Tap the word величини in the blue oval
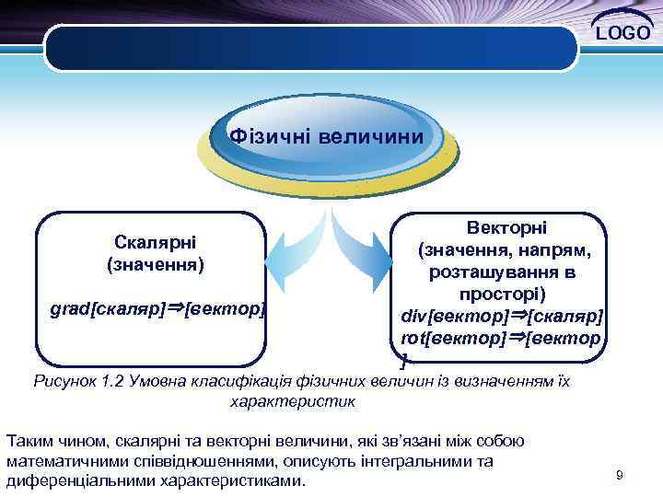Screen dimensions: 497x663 [x=372, y=136]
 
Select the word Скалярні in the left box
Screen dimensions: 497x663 [x=156, y=242]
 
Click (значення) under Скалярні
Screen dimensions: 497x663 [x=156, y=264]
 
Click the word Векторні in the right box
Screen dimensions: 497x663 [x=506, y=226]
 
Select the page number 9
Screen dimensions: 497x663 [x=619, y=475]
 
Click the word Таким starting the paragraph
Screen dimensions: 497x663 [x=28, y=440]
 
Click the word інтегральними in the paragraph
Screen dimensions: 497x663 [x=423, y=461]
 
